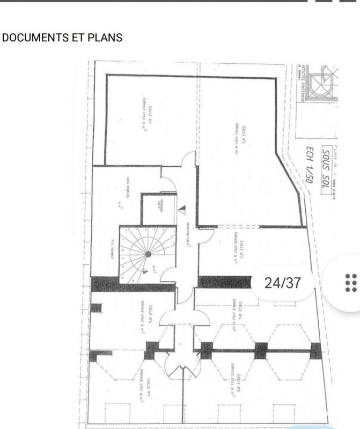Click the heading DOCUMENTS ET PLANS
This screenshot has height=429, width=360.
point(63,38)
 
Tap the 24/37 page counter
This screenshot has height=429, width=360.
point(283,283)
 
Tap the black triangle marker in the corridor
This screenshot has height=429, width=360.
point(183,210)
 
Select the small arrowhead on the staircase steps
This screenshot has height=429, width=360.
point(146,272)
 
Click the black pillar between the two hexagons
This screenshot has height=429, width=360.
point(261,350)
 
